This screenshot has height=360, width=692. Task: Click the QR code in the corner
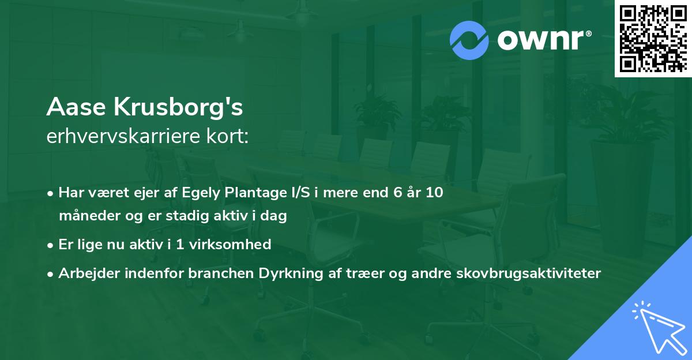click(x=653, y=39)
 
